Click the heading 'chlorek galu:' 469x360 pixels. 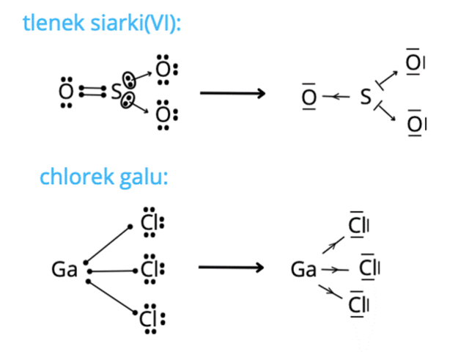point(104,177)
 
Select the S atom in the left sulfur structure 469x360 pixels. point(115,93)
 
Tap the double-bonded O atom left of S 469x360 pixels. point(66,93)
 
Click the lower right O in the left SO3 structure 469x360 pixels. point(163,115)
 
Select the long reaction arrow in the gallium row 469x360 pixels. point(230,268)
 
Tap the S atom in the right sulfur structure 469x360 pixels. point(366,96)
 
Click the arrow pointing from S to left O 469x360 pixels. point(336,96)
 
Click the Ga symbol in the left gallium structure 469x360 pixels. point(64,270)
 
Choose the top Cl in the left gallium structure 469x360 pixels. point(149,223)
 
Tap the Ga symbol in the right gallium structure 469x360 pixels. point(303,270)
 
